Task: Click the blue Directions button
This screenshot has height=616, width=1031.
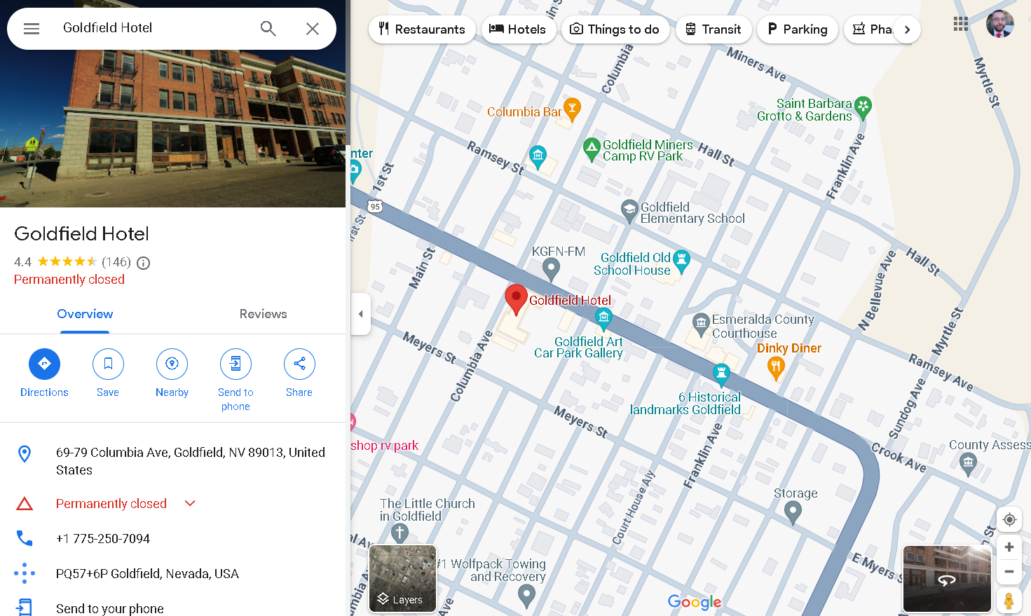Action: tap(44, 364)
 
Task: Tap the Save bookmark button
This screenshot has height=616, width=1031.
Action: tap(108, 364)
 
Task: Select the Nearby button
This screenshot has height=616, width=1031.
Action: tap(172, 364)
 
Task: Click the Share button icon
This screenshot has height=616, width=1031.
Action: tap(299, 364)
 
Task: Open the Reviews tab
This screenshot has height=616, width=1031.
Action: tap(263, 314)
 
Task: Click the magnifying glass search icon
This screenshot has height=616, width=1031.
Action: tap(268, 29)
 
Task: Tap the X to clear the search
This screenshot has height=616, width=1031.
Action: tap(313, 29)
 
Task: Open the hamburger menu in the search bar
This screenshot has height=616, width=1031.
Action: tap(32, 29)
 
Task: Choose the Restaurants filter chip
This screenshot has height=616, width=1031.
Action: tap(422, 29)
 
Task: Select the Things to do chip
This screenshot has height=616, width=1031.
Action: tap(615, 29)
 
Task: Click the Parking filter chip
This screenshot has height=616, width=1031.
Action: tap(797, 29)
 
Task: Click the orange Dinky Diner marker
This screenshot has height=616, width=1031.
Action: tap(775, 367)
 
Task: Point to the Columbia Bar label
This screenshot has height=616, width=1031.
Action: tap(524, 112)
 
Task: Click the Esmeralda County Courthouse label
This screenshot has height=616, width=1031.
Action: tap(763, 327)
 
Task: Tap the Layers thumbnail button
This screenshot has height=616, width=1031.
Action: tap(402, 579)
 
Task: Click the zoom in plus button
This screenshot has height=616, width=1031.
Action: tap(1009, 547)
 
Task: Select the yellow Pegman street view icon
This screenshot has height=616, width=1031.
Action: tap(1009, 601)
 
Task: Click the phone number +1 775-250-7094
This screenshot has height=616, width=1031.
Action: tap(103, 539)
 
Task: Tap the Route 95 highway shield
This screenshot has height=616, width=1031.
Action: tap(376, 206)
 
